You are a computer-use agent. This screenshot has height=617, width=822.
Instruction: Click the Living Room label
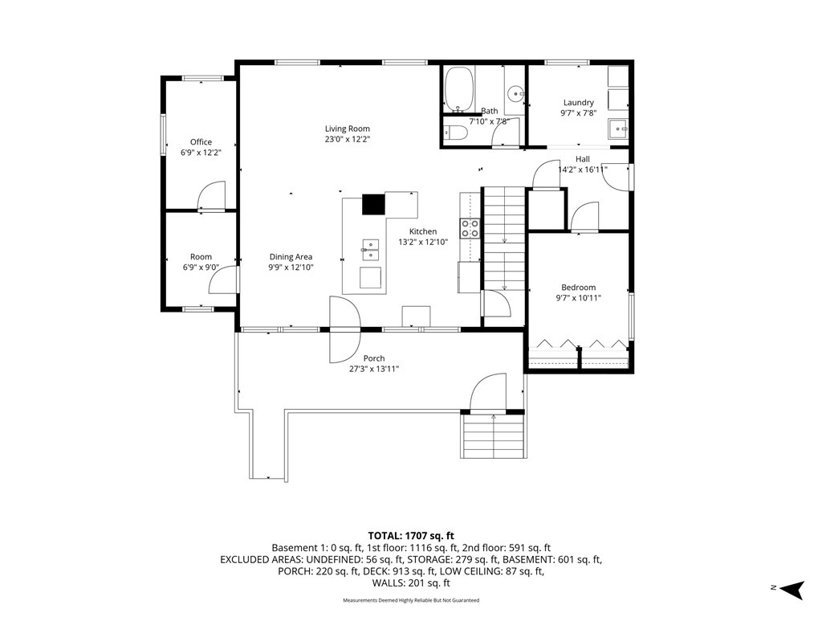[347, 129]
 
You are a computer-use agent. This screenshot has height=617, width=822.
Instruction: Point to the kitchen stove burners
[470, 229]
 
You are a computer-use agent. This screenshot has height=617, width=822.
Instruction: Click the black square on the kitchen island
[373, 205]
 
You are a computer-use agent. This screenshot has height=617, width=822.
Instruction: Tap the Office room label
[201, 142]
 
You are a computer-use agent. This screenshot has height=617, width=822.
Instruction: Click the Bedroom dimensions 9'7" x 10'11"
[578, 298]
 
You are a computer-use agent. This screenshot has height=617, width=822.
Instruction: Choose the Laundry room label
[578, 102]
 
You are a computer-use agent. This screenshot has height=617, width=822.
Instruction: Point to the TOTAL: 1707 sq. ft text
[411, 535]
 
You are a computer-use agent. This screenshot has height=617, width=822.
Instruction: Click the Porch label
[373, 358]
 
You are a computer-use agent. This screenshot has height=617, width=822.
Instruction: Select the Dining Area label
[291, 257]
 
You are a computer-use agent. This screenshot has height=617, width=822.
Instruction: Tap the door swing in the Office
[213, 196]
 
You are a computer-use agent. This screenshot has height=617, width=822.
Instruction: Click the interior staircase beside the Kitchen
[503, 241]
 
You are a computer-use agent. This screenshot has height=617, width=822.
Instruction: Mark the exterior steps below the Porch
[493, 435]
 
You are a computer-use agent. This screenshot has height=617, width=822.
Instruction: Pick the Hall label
[582, 159]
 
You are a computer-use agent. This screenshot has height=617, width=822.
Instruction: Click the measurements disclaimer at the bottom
[411, 600]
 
